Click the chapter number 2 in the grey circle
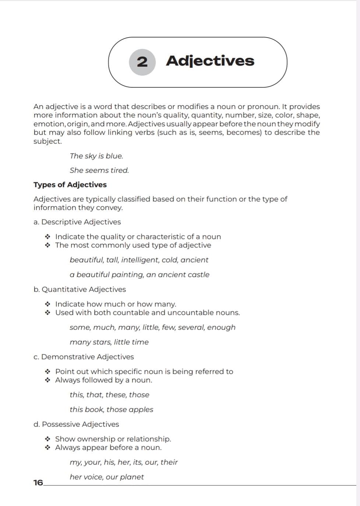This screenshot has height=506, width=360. coord(142,62)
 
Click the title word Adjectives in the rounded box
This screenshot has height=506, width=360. coord(210,61)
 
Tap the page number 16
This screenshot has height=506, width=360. coord(38,482)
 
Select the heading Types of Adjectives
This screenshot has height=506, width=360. coord(70,185)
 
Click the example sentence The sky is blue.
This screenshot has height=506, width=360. coord(96,156)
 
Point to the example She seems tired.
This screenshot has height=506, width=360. coord(99,170)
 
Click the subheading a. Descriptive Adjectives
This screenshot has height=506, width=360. coord(77,222)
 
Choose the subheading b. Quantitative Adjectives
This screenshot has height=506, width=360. coord(80,289)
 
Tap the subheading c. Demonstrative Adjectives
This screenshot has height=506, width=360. coord(84,356)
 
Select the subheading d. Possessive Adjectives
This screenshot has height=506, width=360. coord(76,424)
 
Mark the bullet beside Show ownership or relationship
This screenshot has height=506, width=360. coord(47,439)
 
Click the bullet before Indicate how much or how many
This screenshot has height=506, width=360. coord(47,304)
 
